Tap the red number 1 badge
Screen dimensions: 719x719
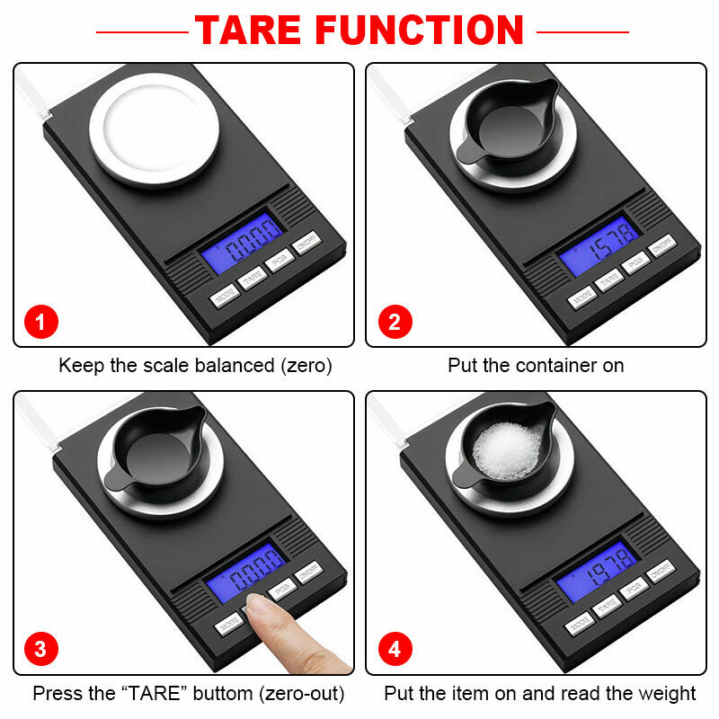[x=40, y=322]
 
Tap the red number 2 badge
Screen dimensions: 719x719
[x=394, y=322]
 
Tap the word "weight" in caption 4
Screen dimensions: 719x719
[x=669, y=694]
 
